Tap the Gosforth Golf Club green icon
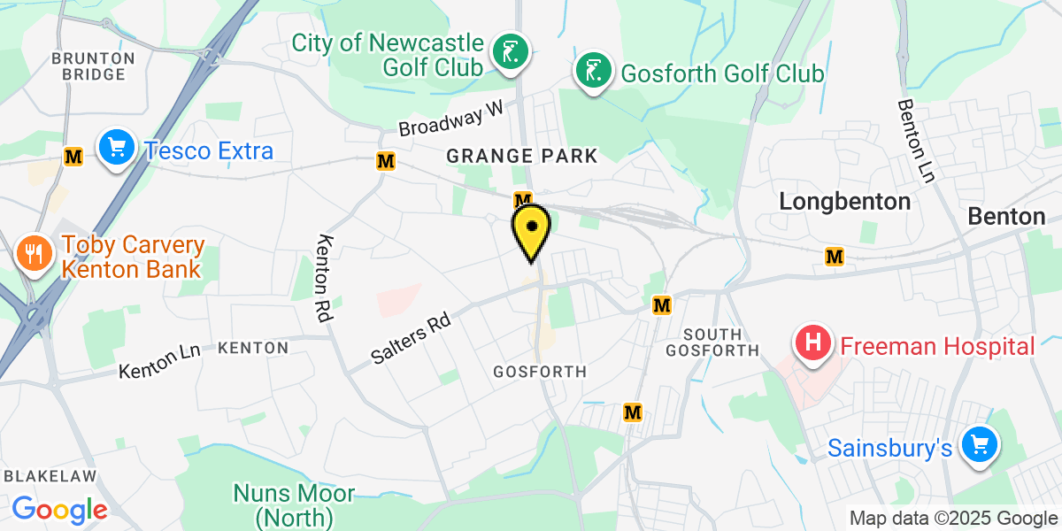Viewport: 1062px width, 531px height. pos(592,73)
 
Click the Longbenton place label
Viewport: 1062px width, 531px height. pos(844,202)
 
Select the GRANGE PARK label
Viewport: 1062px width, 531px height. pos(522,157)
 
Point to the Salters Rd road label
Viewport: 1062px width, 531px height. pos(412,340)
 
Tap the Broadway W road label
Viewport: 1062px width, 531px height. pos(450,119)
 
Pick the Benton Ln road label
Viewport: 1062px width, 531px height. pos(916,141)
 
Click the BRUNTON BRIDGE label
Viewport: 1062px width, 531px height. pos(93,66)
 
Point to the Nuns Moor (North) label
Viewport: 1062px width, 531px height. pos(294,504)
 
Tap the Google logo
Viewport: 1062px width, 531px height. pos(60,510)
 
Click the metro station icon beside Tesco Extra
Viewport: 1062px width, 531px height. pos(73,157)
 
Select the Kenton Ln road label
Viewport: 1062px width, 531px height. pos(159,360)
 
